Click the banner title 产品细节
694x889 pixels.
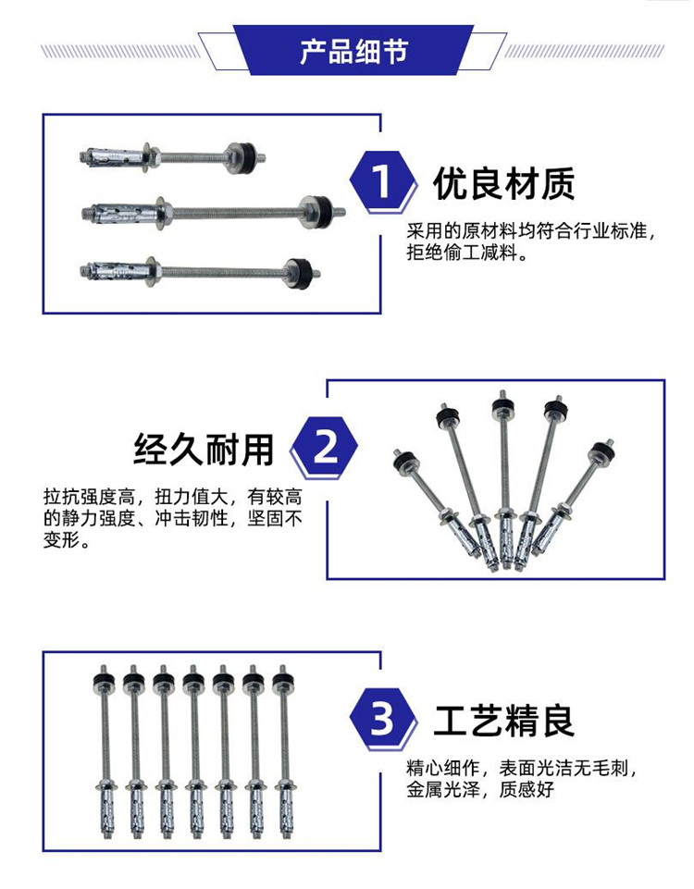[353, 51]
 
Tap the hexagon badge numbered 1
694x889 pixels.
[382, 182]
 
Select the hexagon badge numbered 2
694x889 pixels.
[324, 448]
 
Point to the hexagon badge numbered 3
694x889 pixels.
[382, 719]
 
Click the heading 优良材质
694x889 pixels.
[504, 183]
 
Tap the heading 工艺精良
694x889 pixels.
[504, 720]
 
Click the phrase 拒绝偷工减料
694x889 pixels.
[462, 253]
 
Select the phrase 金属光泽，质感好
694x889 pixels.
[479, 789]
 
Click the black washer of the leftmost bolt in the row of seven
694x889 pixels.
[104, 679]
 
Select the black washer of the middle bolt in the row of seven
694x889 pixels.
[193, 679]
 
